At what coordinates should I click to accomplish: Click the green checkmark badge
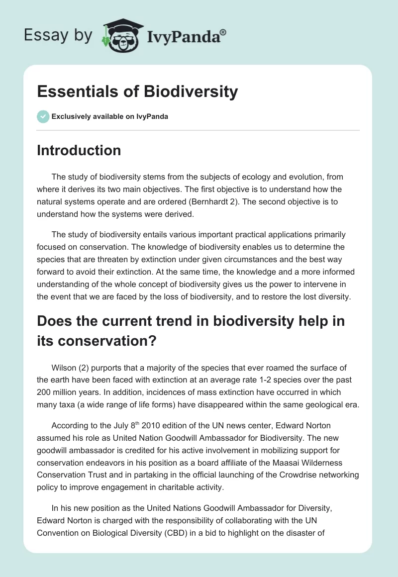click(43, 116)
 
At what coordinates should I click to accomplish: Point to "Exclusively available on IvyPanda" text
click(110, 117)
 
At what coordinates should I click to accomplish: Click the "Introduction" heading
click(79, 150)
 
